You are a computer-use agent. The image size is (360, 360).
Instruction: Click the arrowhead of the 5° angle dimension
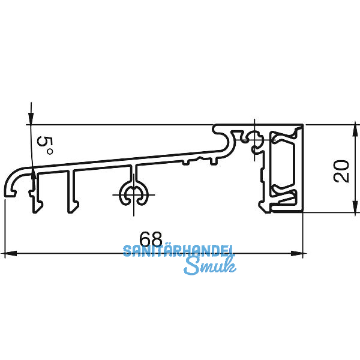coord(29,119)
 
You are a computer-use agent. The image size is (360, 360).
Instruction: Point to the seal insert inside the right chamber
coord(283,169)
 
